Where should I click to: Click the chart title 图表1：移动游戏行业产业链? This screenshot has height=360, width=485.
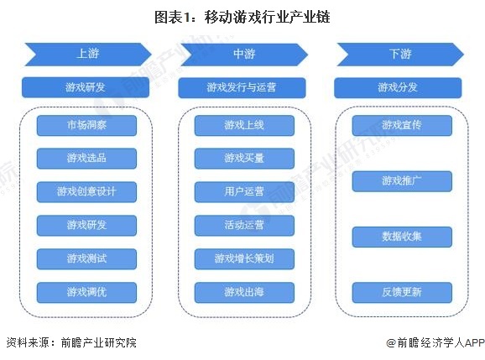[x=242, y=16]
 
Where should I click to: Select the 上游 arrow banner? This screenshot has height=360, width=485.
[x=86, y=55]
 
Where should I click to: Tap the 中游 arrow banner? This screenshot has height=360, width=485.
[x=243, y=55]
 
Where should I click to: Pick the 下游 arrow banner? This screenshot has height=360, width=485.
[x=400, y=55]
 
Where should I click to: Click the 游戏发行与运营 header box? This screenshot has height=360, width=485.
[x=243, y=87]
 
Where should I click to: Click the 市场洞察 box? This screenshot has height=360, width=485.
[x=86, y=126]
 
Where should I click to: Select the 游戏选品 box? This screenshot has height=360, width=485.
[x=86, y=159]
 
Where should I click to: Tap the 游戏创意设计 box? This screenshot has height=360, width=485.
[x=86, y=191]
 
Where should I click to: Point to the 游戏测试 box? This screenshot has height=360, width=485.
[x=86, y=258]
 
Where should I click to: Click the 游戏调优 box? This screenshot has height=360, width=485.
[x=86, y=292]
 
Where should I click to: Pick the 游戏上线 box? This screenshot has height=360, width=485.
[x=244, y=126]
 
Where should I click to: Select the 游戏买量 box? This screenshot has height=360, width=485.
[x=244, y=159]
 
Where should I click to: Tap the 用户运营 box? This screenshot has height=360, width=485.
[x=244, y=191]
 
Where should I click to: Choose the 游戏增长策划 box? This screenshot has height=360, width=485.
[x=244, y=258]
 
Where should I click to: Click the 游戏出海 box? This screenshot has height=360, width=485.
[x=244, y=292]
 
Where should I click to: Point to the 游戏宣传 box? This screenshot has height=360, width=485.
[x=402, y=126]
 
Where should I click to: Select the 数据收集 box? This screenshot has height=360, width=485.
[x=402, y=237]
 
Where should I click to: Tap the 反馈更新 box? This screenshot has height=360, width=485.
[x=402, y=292]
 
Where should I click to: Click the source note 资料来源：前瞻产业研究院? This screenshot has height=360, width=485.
[x=70, y=342]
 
